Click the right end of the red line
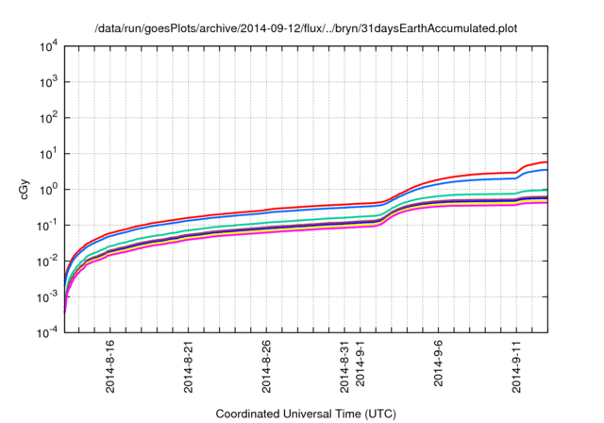pyautogui.click(x=546, y=162)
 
